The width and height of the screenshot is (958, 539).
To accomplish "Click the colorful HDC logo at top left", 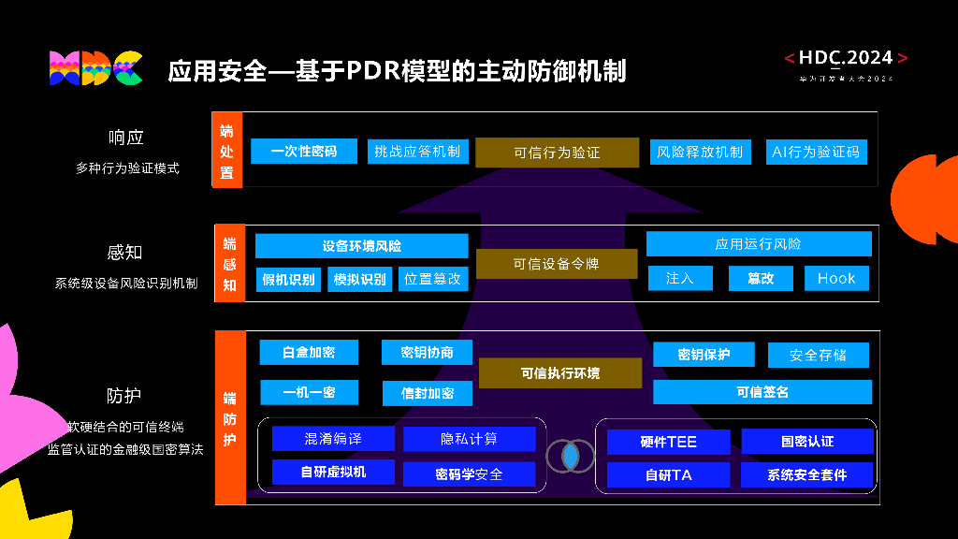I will pyautogui.click(x=94, y=68).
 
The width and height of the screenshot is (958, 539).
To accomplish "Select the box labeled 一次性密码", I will pyautogui.click(x=304, y=151).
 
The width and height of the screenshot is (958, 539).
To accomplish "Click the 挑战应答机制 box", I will pyautogui.click(x=417, y=151).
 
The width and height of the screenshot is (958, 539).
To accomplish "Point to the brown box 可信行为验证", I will pyautogui.click(x=557, y=153).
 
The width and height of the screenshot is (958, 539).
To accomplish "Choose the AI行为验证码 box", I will pyautogui.click(x=815, y=152).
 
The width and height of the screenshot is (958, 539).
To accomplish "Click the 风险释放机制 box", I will pyautogui.click(x=700, y=152).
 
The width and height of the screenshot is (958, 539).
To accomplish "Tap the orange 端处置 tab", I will pyautogui.click(x=227, y=151).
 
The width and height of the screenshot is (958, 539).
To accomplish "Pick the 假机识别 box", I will pyautogui.click(x=289, y=279).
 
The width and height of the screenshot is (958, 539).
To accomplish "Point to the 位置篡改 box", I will pyautogui.click(x=432, y=279).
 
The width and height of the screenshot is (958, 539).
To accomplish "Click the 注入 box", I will pyautogui.click(x=680, y=278).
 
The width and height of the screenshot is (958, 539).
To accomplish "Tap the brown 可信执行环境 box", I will pyautogui.click(x=559, y=373).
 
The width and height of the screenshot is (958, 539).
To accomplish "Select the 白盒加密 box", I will pyautogui.click(x=309, y=352).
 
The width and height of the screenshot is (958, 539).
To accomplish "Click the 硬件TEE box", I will pyautogui.click(x=668, y=442).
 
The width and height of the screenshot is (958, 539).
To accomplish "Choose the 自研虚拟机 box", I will pyautogui.click(x=333, y=473).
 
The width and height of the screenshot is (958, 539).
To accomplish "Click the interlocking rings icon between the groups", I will pyautogui.click(x=570, y=456).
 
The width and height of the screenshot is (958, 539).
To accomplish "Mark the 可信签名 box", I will pyautogui.click(x=762, y=392).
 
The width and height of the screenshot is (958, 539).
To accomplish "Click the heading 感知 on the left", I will pyautogui.click(x=125, y=253).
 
